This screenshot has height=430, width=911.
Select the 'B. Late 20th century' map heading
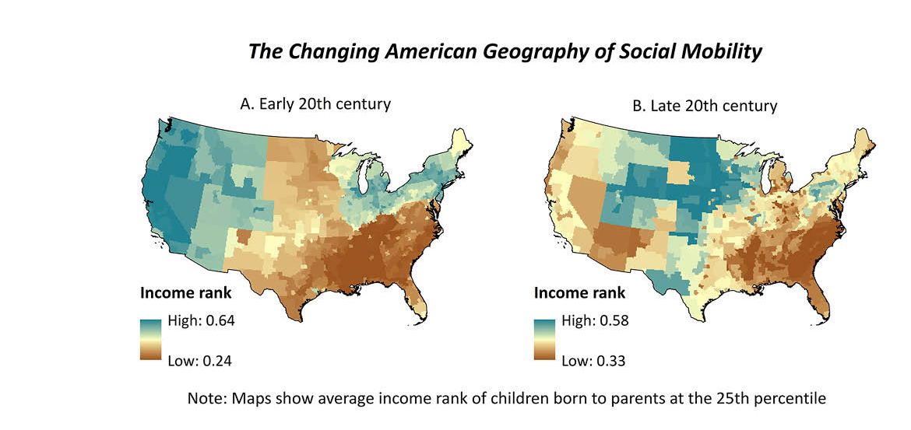(x=704, y=105)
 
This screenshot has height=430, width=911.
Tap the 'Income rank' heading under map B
(x=579, y=293)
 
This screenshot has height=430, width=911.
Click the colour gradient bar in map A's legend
(x=151, y=340)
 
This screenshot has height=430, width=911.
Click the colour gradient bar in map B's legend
(x=545, y=340)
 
